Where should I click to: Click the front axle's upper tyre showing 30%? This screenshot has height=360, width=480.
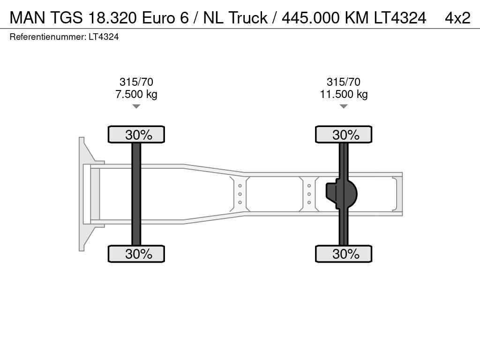136,135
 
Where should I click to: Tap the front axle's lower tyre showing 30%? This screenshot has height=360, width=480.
136,254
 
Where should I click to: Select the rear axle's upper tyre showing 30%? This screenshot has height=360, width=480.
344,135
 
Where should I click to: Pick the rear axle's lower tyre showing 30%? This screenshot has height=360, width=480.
344,254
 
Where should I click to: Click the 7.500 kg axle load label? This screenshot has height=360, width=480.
136,94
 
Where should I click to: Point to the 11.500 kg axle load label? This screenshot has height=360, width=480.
344,94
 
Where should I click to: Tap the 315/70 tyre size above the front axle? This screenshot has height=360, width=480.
136,82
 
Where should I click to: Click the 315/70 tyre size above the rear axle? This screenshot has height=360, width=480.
344,82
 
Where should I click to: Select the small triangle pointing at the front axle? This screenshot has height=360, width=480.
136,106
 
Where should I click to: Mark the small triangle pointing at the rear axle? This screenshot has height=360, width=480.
344,106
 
